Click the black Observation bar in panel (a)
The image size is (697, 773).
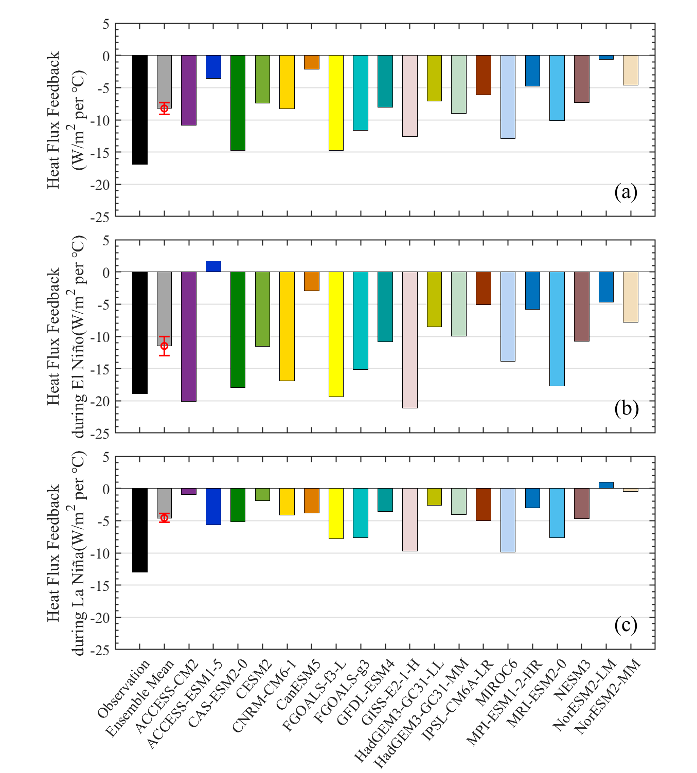140,110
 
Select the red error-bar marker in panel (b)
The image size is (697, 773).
164,346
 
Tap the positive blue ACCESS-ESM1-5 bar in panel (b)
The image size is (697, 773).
213,266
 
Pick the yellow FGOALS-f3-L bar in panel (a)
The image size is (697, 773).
336,103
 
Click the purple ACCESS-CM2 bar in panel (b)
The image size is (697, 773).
189,336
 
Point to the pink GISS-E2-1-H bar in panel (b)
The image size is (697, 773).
409,339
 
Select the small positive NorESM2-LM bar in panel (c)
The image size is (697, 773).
606,485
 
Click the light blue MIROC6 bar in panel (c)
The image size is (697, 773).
508,520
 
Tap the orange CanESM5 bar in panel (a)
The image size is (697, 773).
311,62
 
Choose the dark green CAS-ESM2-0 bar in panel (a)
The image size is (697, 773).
238,103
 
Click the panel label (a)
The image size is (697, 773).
625,192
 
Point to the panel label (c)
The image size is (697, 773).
625,625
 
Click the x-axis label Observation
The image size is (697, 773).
124,689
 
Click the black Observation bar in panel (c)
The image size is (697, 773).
140,530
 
